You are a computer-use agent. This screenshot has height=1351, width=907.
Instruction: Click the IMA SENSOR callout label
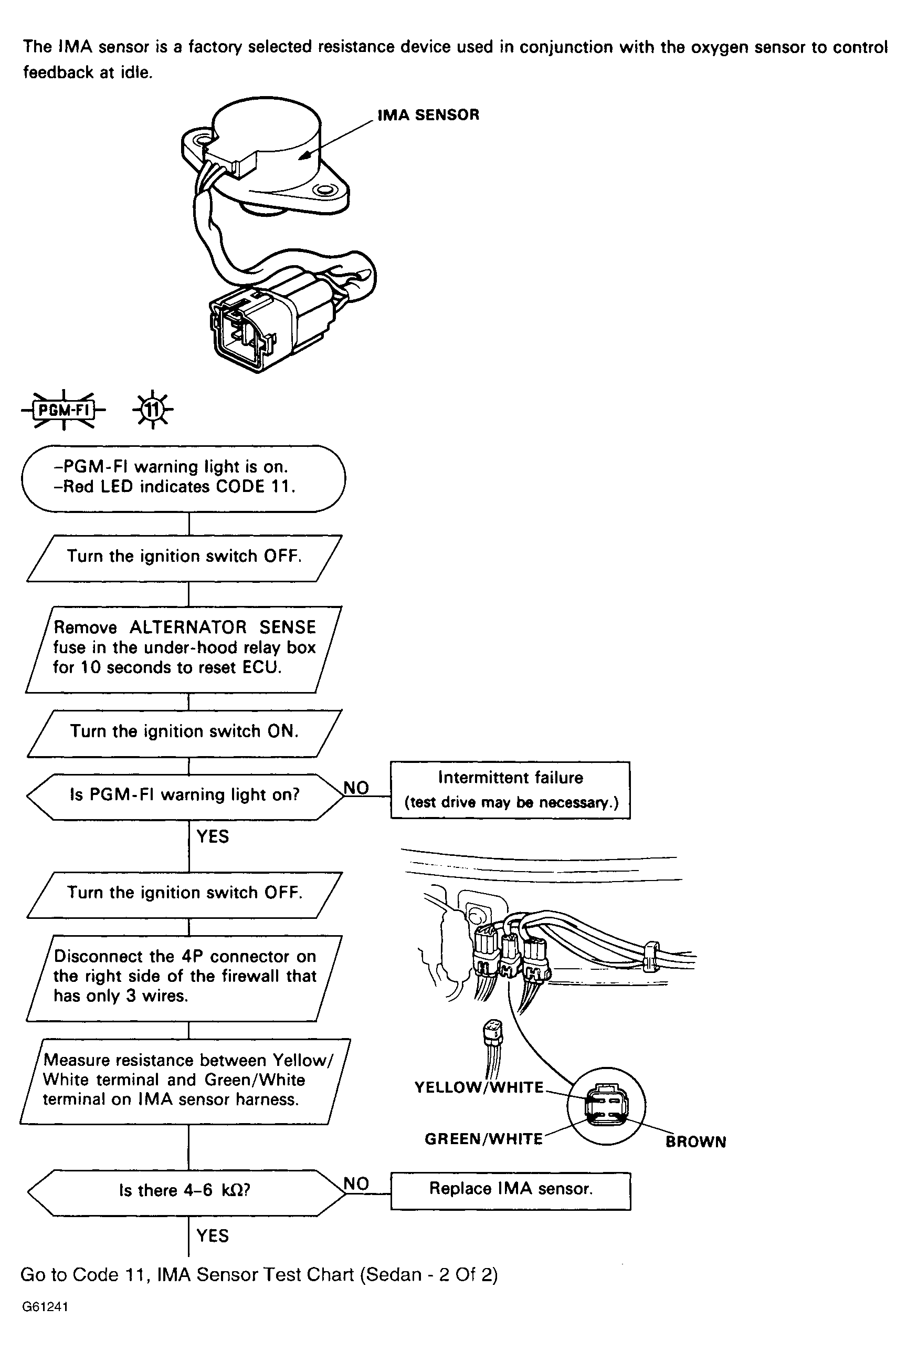(428, 115)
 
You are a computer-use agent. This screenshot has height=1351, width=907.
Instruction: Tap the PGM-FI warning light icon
(64, 410)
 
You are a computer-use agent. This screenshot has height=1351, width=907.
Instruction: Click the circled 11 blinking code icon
(152, 410)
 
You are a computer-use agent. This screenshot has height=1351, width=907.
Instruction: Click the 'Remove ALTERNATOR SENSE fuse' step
(184, 648)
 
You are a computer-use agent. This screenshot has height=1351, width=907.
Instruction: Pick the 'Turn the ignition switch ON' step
(184, 732)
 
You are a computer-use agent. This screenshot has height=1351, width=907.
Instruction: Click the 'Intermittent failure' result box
(510, 789)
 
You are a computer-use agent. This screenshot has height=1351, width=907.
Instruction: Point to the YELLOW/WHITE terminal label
(479, 1088)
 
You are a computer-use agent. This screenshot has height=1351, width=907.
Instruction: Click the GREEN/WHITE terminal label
(483, 1139)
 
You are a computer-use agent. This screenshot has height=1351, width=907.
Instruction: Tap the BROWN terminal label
(695, 1141)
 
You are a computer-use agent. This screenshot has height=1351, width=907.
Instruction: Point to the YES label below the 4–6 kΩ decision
(212, 1236)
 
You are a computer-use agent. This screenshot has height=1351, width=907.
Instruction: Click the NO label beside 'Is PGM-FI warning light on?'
(356, 788)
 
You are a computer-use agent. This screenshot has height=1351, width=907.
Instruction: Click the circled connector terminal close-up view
(606, 1106)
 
